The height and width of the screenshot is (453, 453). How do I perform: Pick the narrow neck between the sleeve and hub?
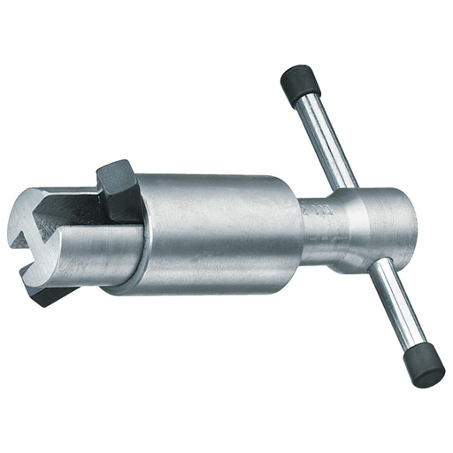click(319, 232)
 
